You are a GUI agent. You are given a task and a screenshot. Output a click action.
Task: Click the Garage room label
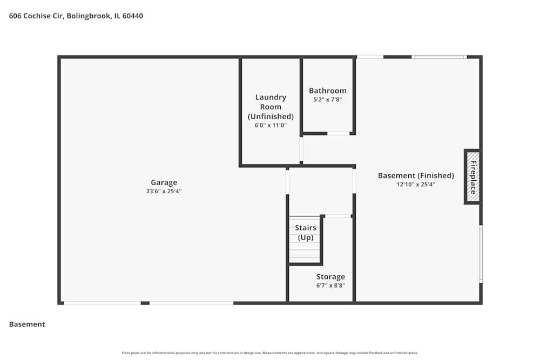(164, 182)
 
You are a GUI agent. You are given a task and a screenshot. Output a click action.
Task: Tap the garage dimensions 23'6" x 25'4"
(164, 191)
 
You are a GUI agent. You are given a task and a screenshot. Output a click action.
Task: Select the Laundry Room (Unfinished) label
(271, 107)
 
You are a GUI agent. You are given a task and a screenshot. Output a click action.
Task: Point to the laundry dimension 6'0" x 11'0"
(271, 125)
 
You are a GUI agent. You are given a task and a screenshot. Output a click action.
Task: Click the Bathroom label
(327, 91)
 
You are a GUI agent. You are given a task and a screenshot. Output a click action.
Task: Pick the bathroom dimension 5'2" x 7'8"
(327, 99)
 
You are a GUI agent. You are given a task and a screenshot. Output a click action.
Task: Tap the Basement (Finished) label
(416, 175)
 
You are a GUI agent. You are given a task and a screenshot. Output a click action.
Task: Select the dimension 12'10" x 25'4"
(416, 184)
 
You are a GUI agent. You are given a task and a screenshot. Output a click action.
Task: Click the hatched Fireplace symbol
(473, 177)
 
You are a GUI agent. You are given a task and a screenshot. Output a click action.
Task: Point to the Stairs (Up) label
(306, 233)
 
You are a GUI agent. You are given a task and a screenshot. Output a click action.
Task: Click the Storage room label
(330, 277)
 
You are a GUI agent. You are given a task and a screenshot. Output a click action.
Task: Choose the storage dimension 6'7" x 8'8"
(330, 286)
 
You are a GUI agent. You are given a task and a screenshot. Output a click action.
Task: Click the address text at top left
(76, 16)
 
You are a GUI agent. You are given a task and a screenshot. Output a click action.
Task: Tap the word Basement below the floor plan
(27, 324)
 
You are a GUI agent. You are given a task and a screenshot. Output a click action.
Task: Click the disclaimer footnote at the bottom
(270, 353)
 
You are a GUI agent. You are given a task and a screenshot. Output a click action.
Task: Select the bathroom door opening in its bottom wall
(338, 133)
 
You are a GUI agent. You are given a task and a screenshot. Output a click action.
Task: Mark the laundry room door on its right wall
(301, 149)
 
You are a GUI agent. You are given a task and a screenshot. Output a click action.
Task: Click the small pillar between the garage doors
(145, 303)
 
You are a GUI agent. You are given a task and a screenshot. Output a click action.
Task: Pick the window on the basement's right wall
(481, 254)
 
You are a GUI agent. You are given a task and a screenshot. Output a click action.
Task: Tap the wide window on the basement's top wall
(439, 57)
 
